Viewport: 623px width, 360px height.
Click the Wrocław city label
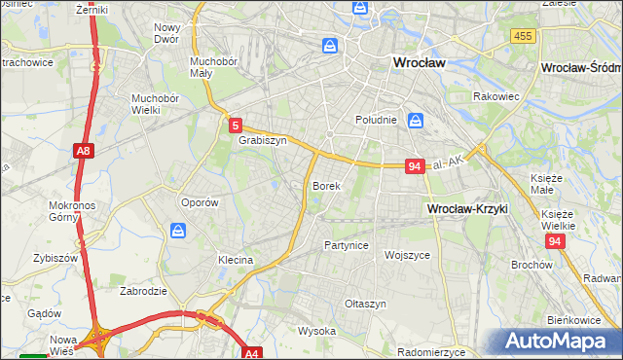pyautogui.click(x=419, y=61)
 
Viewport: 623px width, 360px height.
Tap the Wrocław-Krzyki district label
pyautogui.click(x=468, y=208)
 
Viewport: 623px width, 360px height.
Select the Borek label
pyautogui.click(x=325, y=185)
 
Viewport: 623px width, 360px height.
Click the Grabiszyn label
pyautogui.click(x=263, y=140)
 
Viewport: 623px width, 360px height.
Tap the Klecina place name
pyautogui.click(x=236, y=260)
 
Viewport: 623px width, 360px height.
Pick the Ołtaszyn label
pyautogui.click(x=366, y=304)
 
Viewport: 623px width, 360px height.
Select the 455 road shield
pyautogui.click(x=523, y=36)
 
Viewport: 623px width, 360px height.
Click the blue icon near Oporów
pyautogui.click(x=178, y=231)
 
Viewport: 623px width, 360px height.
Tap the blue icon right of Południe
pyautogui.click(x=416, y=121)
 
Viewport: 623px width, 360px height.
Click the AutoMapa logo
pyautogui.click(x=559, y=341)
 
